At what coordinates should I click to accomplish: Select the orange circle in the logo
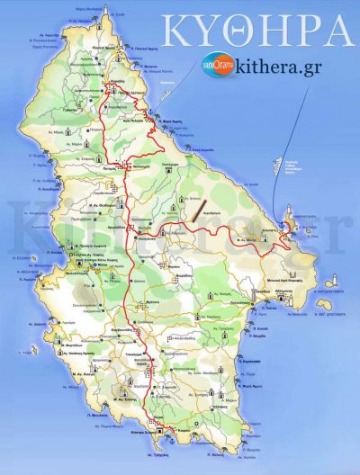click(213, 65)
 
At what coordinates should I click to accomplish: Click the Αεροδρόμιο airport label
click(211, 223)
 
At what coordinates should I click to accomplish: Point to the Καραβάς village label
click(122, 67)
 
